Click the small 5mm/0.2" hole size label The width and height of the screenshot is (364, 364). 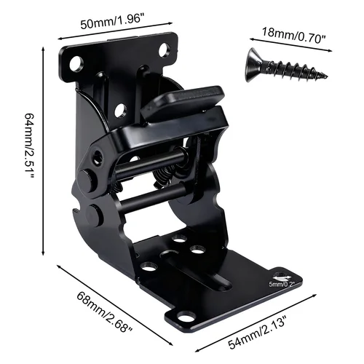pyautogui.click(x=282, y=284)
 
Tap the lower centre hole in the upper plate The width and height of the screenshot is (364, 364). pyautogui.click(x=121, y=111)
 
